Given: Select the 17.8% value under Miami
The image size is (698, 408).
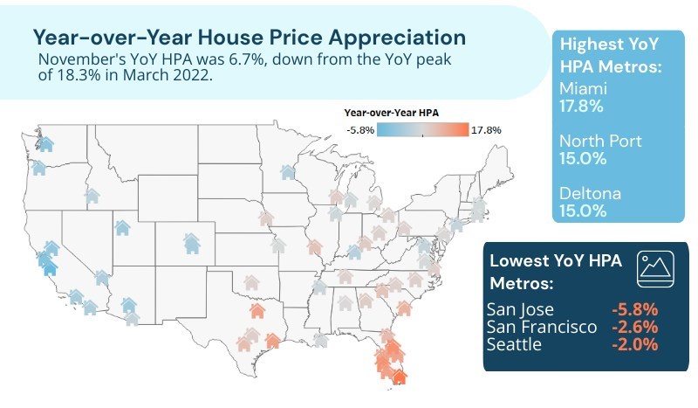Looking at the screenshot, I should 581,107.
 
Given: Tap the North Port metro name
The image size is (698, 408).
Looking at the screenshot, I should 599,142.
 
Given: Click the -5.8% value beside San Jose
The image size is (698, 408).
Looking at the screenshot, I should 633,309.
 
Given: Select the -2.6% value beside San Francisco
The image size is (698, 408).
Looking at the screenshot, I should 633,327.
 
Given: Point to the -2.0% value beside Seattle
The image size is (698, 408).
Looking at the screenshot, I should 633,344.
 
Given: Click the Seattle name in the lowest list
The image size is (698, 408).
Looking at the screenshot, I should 516,344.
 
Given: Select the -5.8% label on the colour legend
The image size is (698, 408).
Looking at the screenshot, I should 360,130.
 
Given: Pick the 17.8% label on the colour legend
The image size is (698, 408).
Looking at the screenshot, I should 486,130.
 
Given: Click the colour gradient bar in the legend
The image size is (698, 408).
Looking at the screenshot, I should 422,130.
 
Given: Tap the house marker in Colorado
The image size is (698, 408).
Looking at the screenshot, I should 191,240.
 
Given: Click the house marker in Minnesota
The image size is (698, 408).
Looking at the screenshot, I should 287,172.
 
